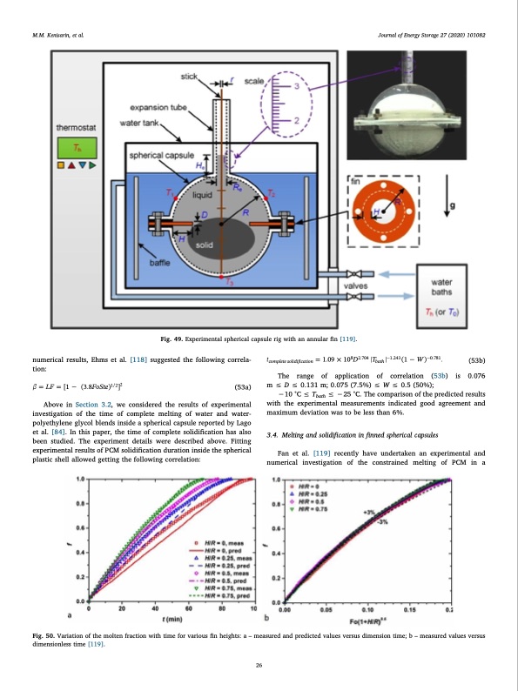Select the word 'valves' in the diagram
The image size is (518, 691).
tap(360, 285)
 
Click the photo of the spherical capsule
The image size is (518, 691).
tap(394, 114)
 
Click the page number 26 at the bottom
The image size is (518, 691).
tap(259, 666)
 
